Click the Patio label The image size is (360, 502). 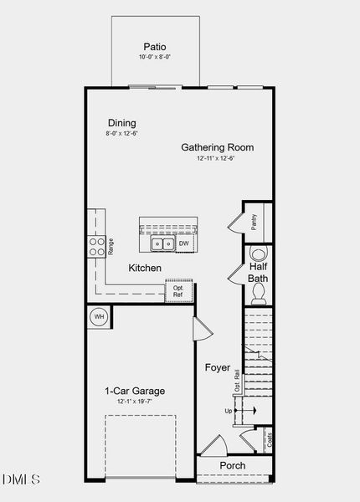tap(155, 47)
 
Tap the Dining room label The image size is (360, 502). tap(121, 123)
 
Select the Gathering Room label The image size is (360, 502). tap(218, 147)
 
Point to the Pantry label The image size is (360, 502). tap(254, 223)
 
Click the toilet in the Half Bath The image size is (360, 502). tap(259, 292)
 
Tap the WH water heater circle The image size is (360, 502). tap(99, 317)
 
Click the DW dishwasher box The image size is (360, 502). tap(183, 244)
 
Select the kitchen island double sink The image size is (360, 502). tap(162, 244)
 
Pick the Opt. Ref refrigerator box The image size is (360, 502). tap(177, 290)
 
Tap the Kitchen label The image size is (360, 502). tap(145, 269)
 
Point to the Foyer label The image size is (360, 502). tap(218, 367)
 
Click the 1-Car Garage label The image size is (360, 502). tap(135, 391)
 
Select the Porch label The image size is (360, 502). tap(233, 465)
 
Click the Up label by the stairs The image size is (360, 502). tap(229, 411)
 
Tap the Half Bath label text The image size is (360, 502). tap(258, 273)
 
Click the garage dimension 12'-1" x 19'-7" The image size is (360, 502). tap(135, 402)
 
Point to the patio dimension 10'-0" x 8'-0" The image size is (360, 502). tap(155, 57)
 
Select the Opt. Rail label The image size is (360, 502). tap(237, 381)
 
